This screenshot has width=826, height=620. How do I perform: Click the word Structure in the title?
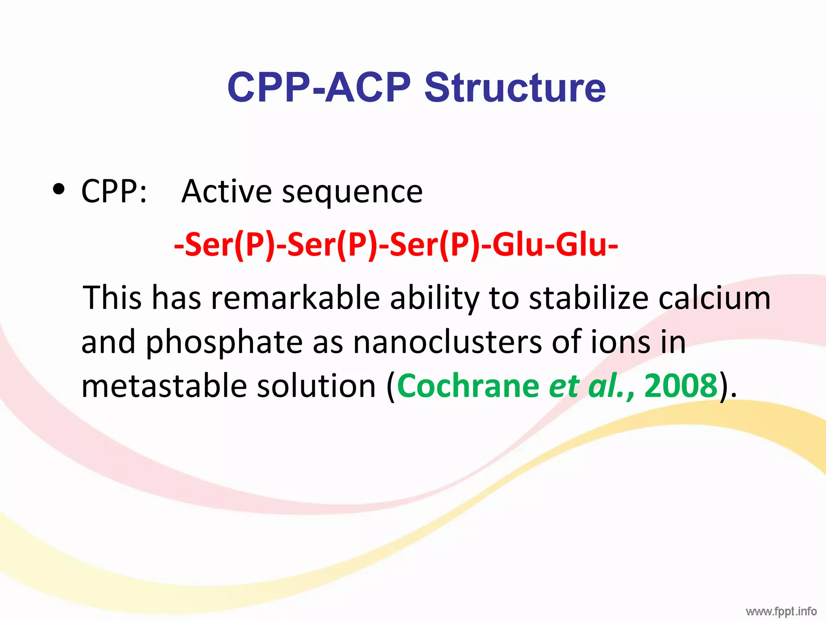pos(515,87)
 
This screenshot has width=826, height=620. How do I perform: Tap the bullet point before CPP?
pos(59,190)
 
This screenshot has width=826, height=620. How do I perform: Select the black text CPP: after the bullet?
pos(114,191)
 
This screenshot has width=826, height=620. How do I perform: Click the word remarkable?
pos(295,298)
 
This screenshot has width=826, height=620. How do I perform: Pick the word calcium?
pos(714,298)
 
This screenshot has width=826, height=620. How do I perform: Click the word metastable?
pos(164,386)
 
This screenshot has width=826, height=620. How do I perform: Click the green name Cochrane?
pos(468,386)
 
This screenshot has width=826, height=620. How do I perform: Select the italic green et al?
pos(587,386)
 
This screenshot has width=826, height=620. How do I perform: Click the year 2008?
pos(681,386)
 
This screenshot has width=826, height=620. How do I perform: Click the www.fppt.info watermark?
pos(781,612)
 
